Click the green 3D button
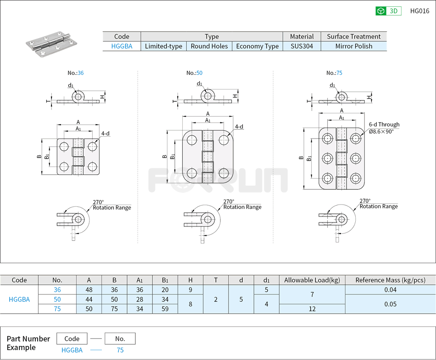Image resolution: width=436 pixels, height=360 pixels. (x=388, y=11)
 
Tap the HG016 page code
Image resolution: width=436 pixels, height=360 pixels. (x=419, y=11)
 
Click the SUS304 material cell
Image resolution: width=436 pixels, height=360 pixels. (x=302, y=46)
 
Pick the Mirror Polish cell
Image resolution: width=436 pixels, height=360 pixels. (x=353, y=46)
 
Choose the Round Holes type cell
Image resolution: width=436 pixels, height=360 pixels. (x=209, y=46)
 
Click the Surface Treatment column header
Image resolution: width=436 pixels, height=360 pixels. (x=353, y=36)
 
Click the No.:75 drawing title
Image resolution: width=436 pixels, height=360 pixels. (x=334, y=73)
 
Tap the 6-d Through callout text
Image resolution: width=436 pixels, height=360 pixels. (x=384, y=124)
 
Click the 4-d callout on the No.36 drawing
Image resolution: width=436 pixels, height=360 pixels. (x=105, y=133)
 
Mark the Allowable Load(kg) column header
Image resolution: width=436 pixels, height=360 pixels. (x=312, y=280)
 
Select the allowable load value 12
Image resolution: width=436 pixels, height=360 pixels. (x=312, y=309)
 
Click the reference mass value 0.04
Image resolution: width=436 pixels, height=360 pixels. (x=390, y=289)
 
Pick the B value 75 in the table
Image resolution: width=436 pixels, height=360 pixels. (x=114, y=309)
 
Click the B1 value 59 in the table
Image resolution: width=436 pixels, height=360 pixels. (x=165, y=309)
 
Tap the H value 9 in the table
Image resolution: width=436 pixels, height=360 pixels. (x=190, y=289)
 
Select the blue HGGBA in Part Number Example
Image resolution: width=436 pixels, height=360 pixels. (x=72, y=350)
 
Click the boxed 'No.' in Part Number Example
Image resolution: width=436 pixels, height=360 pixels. (x=120, y=338)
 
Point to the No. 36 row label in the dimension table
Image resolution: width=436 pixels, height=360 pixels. (x=57, y=289)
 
